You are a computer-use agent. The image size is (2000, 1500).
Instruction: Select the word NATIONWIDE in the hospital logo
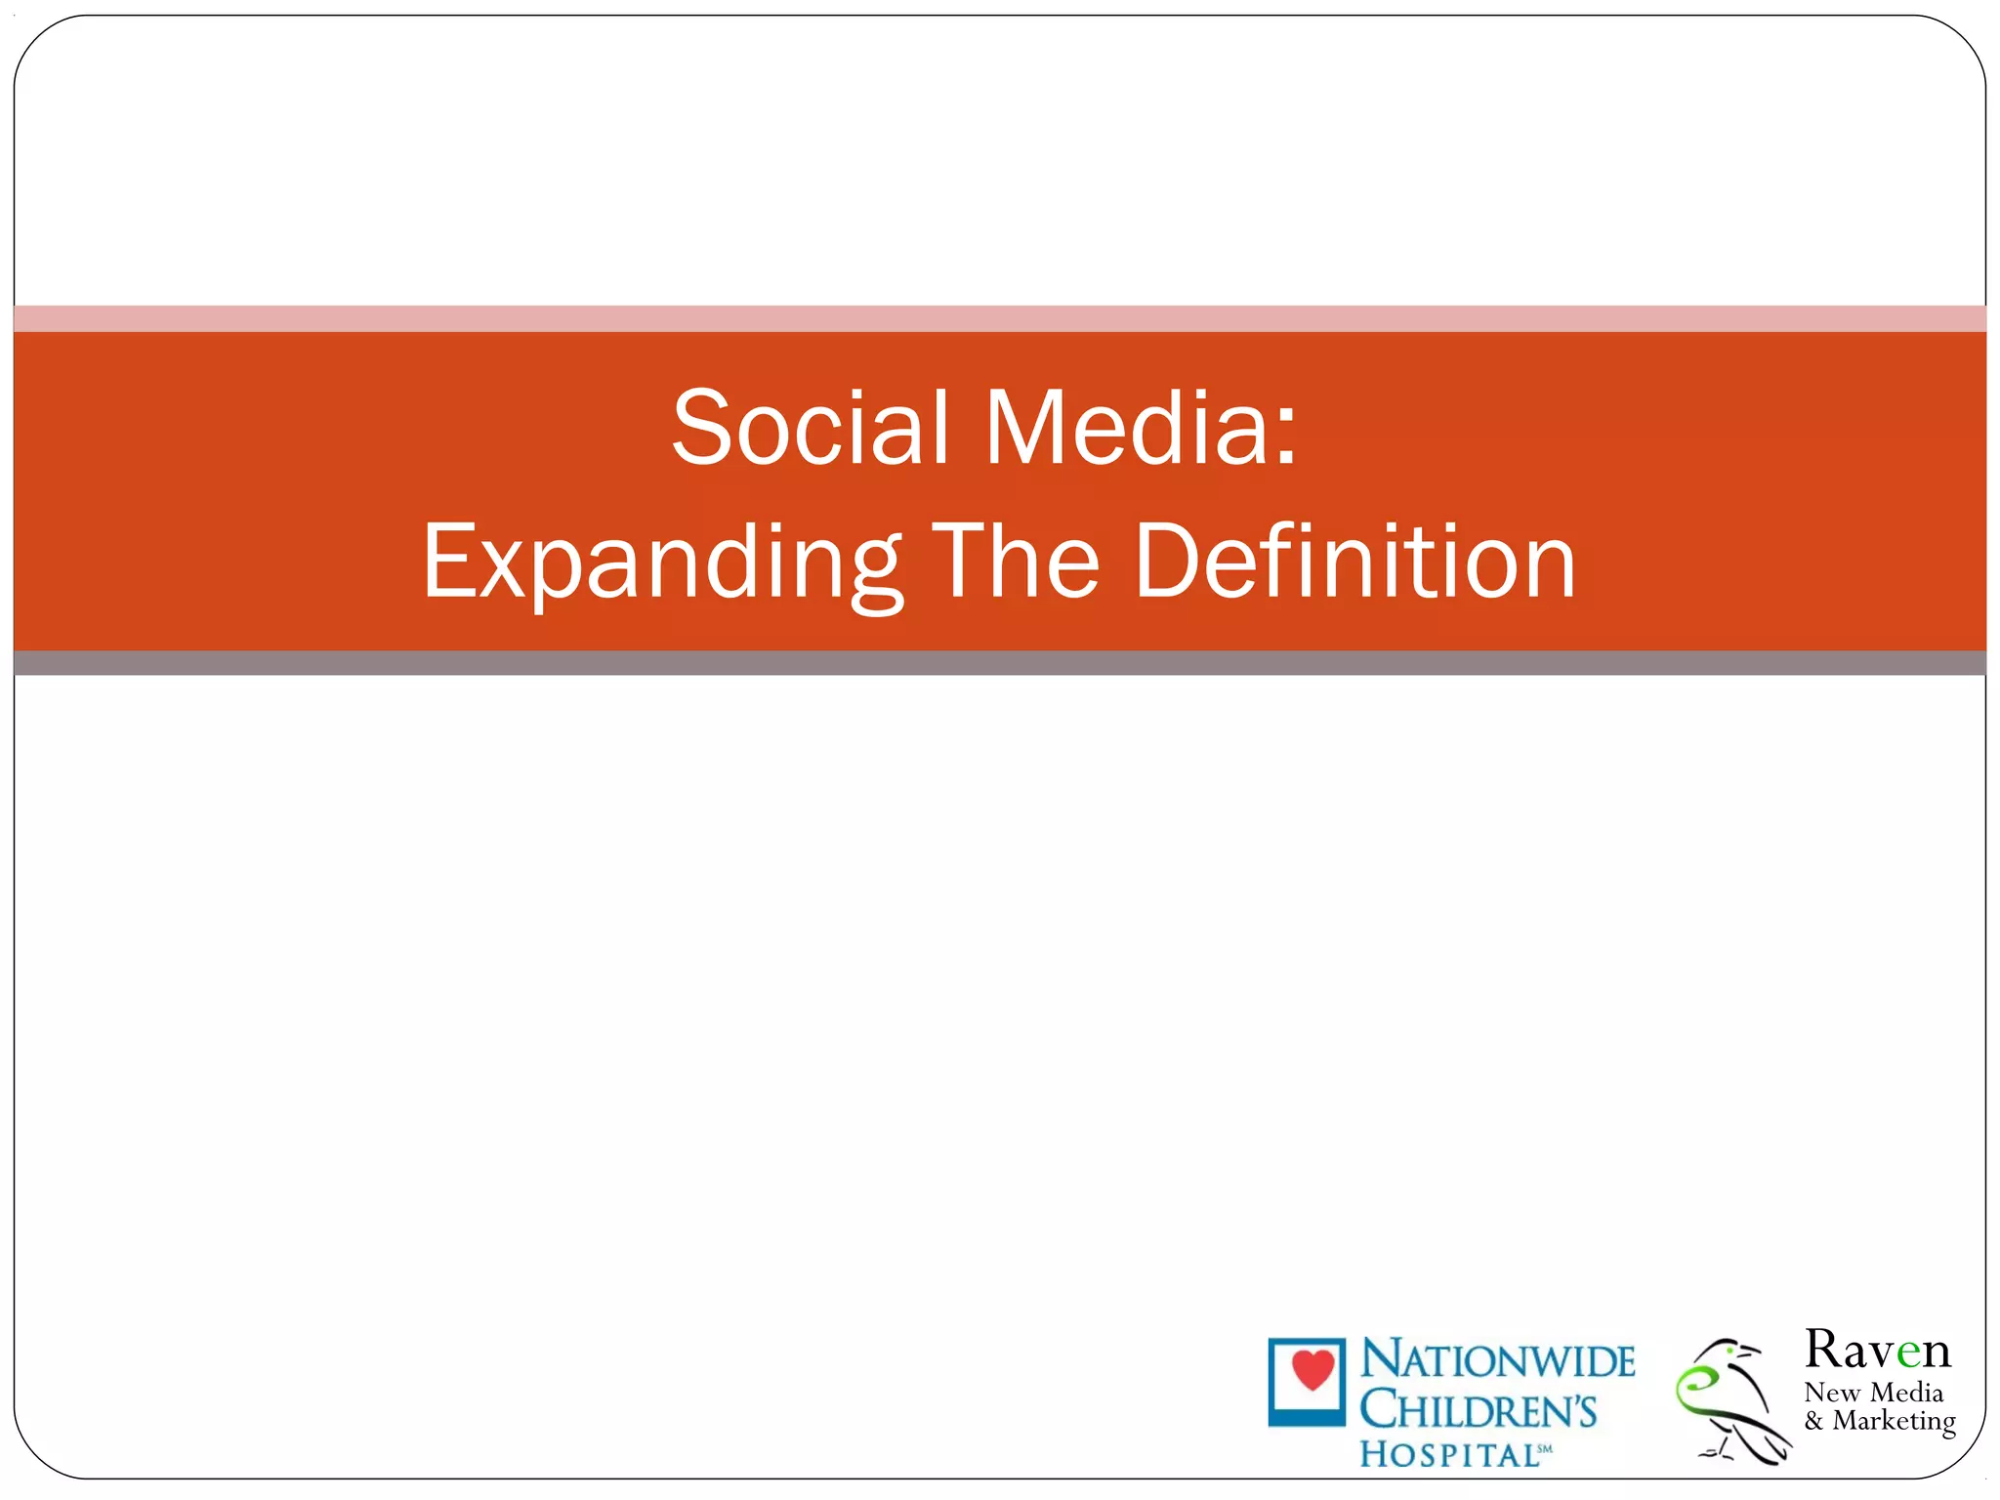tap(1497, 1360)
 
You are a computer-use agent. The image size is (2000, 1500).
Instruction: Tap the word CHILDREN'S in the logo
tap(1478, 1409)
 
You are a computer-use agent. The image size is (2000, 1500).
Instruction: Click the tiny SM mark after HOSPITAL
tap(1545, 1449)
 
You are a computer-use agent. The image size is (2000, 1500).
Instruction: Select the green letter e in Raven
tap(1909, 1353)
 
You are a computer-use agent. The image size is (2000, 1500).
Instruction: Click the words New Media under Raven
tap(1873, 1393)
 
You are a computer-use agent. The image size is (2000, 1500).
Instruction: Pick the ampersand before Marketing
tap(1813, 1421)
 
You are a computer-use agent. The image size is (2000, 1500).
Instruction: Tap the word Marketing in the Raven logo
tap(1894, 1421)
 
